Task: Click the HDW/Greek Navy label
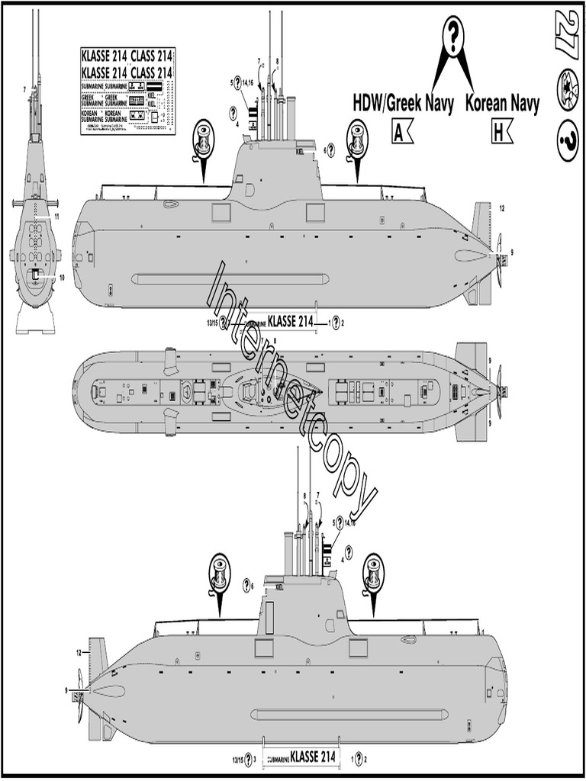[x=404, y=104]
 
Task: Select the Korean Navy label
[x=502, y=104]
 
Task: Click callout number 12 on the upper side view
[x=502, y=207]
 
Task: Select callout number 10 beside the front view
[x=62, y=277]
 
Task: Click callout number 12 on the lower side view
[x=79, y=653]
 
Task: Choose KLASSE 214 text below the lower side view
[x=313, y=757]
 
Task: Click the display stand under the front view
[x=35, y=320]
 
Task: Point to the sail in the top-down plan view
[x=256, y=391]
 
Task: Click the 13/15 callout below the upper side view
[x=211, y=323]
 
